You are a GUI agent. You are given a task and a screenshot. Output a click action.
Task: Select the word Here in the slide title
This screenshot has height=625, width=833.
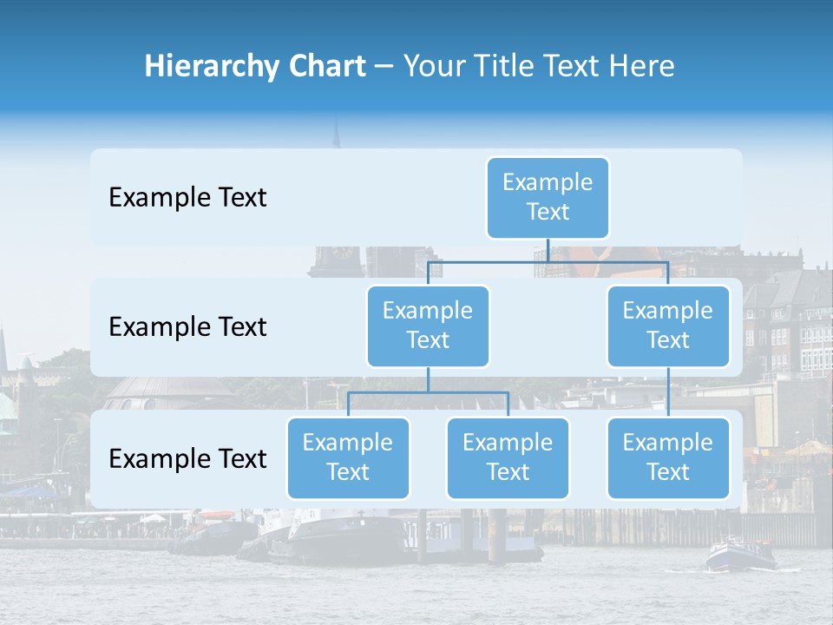643,66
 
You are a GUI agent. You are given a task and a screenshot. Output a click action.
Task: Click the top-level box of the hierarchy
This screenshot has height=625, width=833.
548,197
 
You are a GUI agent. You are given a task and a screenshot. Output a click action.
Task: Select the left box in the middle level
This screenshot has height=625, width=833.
428,326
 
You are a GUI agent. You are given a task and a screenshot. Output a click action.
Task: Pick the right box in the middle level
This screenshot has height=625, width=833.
668,326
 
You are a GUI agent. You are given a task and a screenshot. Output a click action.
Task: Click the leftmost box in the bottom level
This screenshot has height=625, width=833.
348,457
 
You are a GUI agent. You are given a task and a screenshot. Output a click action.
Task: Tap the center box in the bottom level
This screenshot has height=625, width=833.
508,457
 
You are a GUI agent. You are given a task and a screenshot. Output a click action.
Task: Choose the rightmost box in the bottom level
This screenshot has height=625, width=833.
668,457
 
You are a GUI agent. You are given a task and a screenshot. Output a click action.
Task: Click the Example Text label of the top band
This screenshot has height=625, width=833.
187,197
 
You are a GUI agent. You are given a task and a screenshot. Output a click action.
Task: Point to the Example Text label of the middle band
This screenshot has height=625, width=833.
187,326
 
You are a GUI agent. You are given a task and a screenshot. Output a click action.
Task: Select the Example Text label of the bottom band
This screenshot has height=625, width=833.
187,458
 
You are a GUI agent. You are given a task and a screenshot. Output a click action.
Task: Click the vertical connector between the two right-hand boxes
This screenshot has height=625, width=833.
668,391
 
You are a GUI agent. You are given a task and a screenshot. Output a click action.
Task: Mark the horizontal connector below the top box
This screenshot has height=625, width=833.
548,261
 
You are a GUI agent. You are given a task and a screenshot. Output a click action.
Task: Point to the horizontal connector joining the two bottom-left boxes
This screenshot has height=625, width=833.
428,392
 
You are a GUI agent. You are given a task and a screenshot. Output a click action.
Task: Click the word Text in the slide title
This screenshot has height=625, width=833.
580,66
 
